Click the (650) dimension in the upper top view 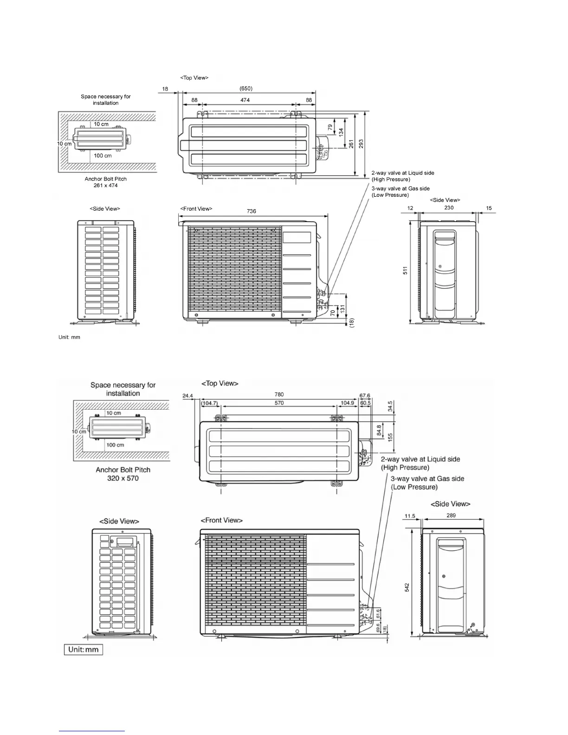coord(246,88)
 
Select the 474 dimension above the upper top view coord(245,100)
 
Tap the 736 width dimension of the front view coord(251,211)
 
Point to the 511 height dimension coord(405,271)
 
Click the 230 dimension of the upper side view coord(449,208)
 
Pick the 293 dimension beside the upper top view coord(361,143)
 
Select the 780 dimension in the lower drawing coord(279,394)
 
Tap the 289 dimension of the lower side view coord(451,516)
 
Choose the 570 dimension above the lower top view coord(279,403)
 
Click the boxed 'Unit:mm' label coord(83,649)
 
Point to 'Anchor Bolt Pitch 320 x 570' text coord(123,474)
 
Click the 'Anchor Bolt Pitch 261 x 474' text coord(106,182)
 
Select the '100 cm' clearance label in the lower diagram coord(115,445)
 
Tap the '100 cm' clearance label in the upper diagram coord(103,155)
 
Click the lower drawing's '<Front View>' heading coord(221,520)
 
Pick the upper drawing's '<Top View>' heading coord(194,77)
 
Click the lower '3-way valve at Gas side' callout coord(427,483)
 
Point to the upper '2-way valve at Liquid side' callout coord(402,176)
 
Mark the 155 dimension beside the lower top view coord(390,437)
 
